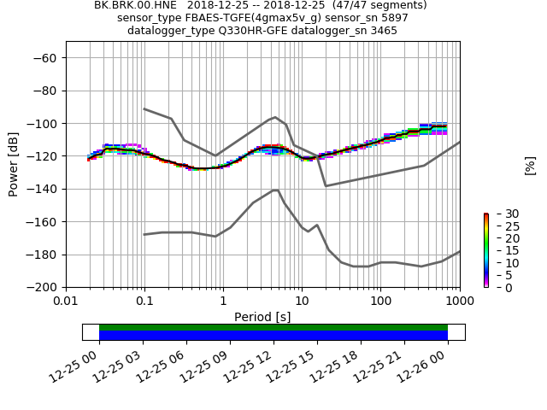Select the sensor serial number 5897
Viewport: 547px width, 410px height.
(x=391, y=18)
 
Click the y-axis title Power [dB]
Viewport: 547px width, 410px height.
(x=14, y=164)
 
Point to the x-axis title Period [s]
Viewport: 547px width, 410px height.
(x=262, y=317)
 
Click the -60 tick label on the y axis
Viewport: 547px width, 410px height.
(x=44, y=58)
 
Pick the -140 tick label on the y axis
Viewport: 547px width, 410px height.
(x=41, y=189)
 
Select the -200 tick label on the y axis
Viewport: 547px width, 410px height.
(x=41, y=287)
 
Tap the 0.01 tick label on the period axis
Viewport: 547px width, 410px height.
(x=66, y=302)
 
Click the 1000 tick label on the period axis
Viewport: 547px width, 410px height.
(x=459, y=302)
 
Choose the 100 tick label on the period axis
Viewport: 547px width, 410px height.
(x=380, y=302)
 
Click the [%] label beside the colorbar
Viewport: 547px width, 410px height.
(x=530, y=165)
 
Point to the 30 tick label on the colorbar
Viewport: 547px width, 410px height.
(x=501, y=214)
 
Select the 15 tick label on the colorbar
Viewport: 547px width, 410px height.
(x=501, y=250)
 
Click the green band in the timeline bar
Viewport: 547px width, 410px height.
(x=273, y=327)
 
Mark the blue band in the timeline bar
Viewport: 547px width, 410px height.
(x=273, y=336)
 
